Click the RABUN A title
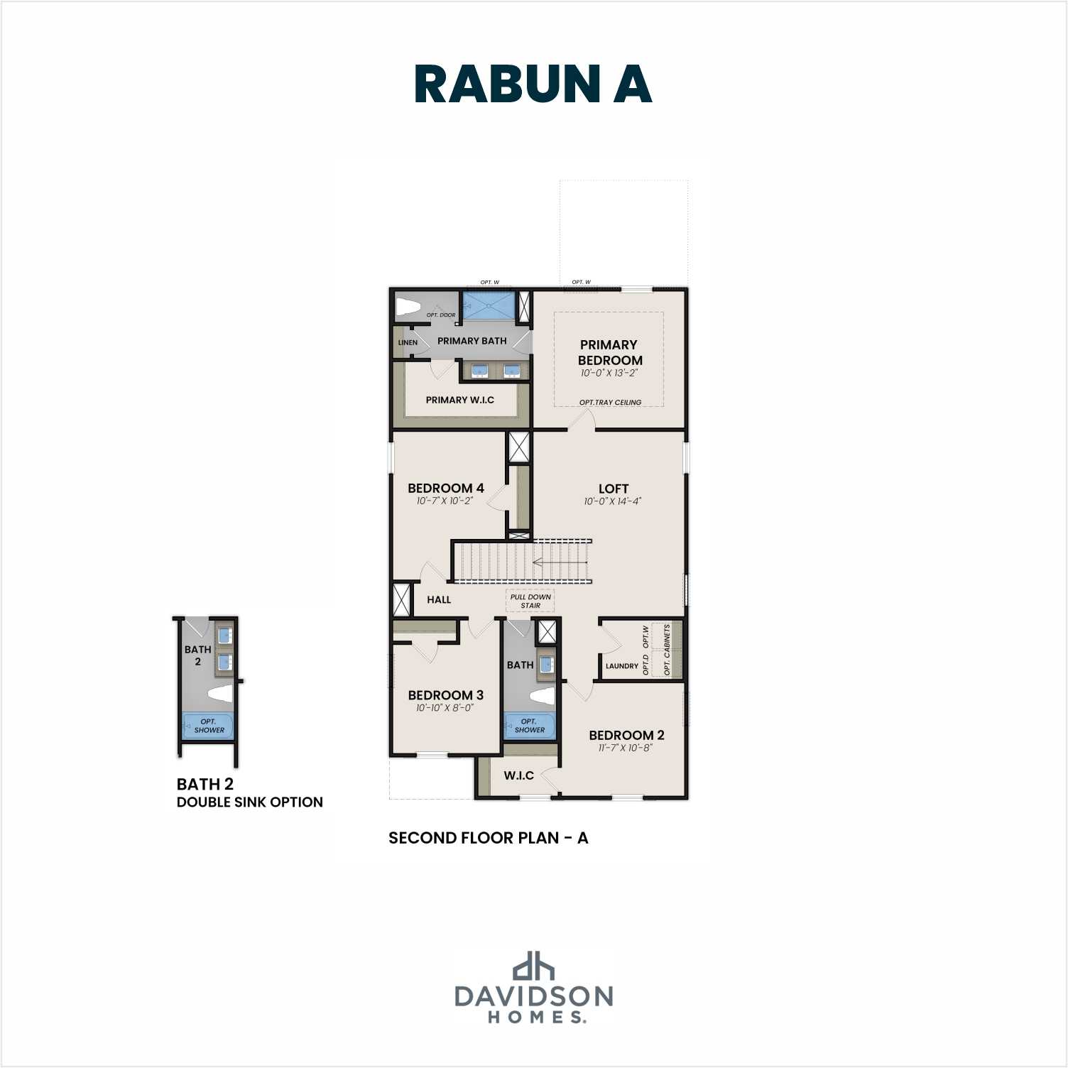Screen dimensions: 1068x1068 533,85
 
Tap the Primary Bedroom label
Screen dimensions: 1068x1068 609,352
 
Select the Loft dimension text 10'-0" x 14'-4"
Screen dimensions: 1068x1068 612,501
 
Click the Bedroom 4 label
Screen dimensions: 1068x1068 445,488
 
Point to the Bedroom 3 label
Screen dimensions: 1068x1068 445,694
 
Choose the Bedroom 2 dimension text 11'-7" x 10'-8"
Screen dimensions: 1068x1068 626,748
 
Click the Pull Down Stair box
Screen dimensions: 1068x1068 530,601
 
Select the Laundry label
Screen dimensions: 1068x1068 621,666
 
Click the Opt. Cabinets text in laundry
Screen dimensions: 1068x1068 667,650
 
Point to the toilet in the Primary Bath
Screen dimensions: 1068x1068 410,307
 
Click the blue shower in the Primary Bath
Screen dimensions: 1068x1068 489,307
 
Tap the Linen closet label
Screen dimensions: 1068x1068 408,342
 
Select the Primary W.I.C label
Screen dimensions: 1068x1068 459,400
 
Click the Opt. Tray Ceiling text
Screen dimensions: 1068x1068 610,402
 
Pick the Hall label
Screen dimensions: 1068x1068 439,599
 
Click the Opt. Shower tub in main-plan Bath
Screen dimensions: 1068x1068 529,726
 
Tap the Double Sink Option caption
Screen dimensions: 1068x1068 249,802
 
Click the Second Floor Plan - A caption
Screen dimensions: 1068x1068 488,838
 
